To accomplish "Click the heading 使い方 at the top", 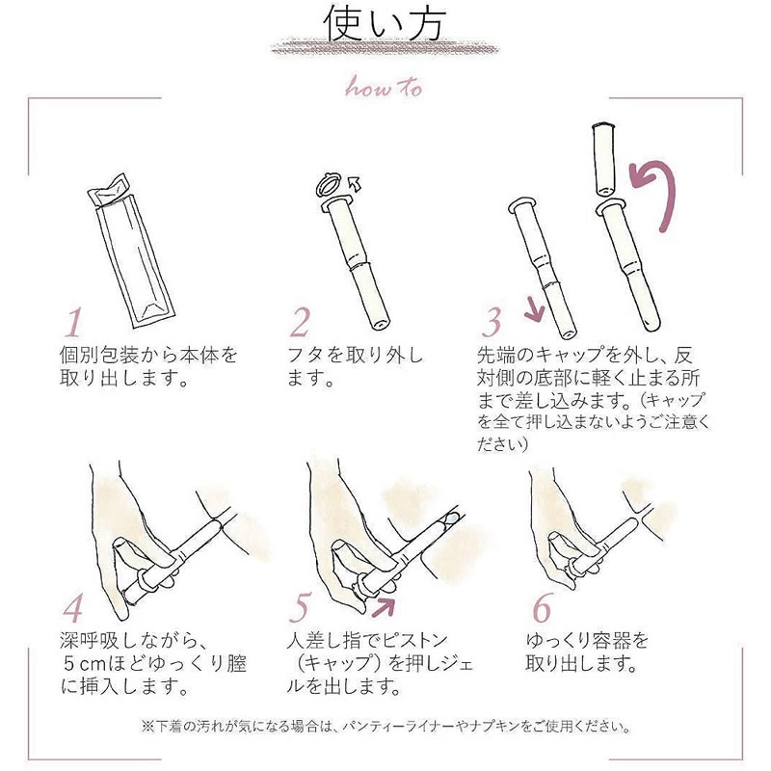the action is coord(385,23).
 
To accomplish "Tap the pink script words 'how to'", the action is coord(384,87).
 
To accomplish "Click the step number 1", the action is coord(74,323).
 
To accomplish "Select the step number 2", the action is coord(300,322).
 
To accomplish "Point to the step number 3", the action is coord(492,322).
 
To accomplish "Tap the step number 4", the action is coord(73,608).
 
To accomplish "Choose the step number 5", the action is coord(300,608).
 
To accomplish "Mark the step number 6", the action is coord(543,608).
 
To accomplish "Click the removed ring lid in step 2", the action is coord(328,183).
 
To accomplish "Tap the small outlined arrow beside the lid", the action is coord(354,184).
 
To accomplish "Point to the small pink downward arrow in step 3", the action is coord(535,309).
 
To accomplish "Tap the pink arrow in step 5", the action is coord(384,607).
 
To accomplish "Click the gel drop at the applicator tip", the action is coord(450,518).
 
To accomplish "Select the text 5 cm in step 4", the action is coord(85,664).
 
